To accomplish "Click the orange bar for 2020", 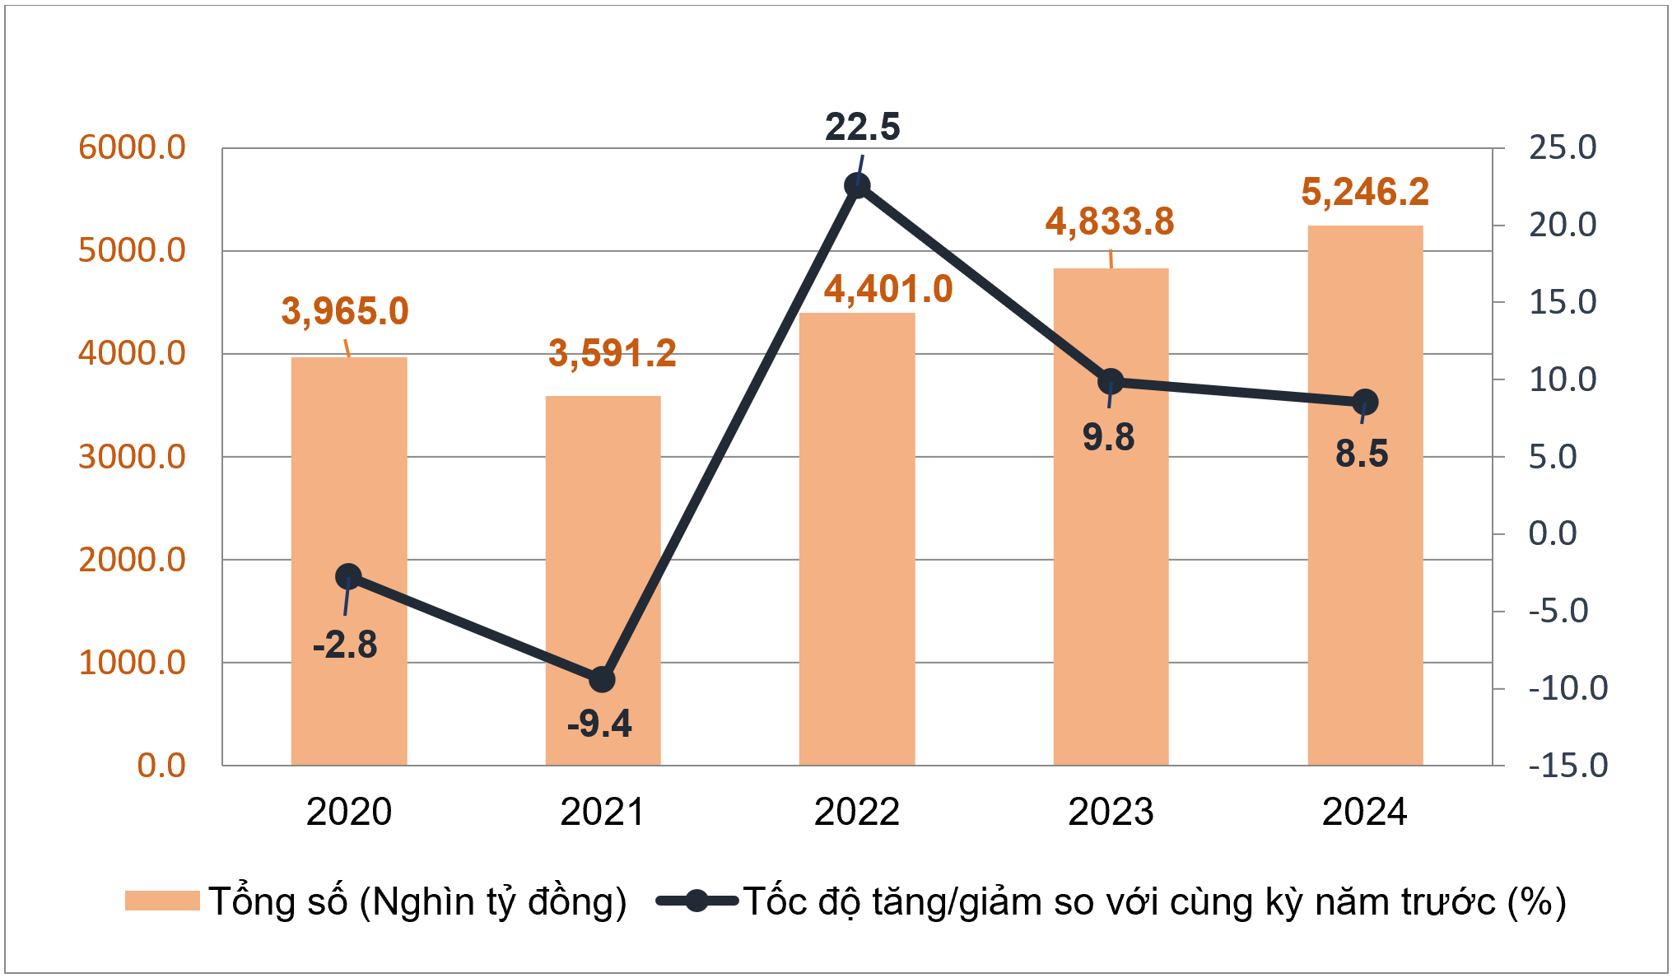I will [x=349, y=560].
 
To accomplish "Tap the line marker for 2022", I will [x=857, y=186].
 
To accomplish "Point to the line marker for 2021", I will [x=603, y=679].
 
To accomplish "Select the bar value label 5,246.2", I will [x=1365, y=193].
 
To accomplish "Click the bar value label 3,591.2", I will [x=612, y=354].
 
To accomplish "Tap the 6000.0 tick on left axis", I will [x=132, y=148].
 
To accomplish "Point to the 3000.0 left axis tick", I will [x=132, y=457].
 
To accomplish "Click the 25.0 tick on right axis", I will [x=1562, y=148].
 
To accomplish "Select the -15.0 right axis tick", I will [x=1567, y=766].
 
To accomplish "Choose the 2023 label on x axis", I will [x=1111, y=813].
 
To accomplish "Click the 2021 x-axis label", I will [x=603, y=813].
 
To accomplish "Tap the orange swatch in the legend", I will [x=162, y=901].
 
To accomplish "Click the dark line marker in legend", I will [x=696, y=901].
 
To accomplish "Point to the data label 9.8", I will [x=1108, y=437].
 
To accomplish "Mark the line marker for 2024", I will [x=1365, y=402].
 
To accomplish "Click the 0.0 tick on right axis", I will [x=1552, y=533].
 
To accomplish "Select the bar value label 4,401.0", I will [x=888, y=290].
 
